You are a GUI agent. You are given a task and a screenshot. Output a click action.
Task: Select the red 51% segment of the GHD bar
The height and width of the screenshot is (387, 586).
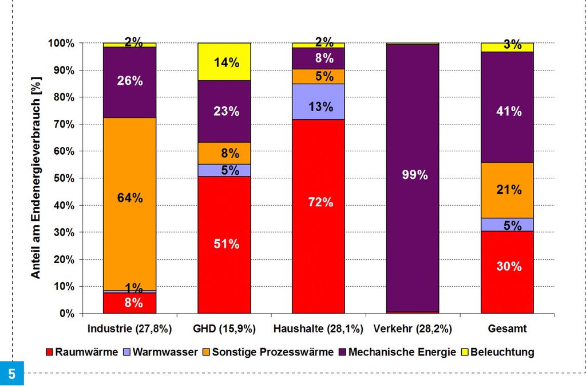224,245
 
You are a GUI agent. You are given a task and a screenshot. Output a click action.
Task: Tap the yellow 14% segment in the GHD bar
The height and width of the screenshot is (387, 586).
224,62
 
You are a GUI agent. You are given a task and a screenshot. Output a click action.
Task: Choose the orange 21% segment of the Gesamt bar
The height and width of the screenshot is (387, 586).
507,190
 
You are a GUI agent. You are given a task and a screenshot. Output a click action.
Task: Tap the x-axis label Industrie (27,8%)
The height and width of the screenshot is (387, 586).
129,329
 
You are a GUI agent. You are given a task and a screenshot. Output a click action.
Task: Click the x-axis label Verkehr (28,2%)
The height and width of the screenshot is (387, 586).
412,329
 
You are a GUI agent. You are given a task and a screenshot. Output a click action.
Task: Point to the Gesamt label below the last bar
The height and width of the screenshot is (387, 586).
507,329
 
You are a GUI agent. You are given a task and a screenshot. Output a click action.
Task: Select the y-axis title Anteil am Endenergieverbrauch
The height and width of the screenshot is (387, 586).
36,178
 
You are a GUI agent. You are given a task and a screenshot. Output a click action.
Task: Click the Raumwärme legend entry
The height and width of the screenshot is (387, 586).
86,351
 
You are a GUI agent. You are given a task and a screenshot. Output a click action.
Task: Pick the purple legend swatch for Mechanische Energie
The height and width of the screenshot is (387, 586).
342,352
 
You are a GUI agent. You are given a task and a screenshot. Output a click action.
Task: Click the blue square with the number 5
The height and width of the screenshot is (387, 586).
12,373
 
